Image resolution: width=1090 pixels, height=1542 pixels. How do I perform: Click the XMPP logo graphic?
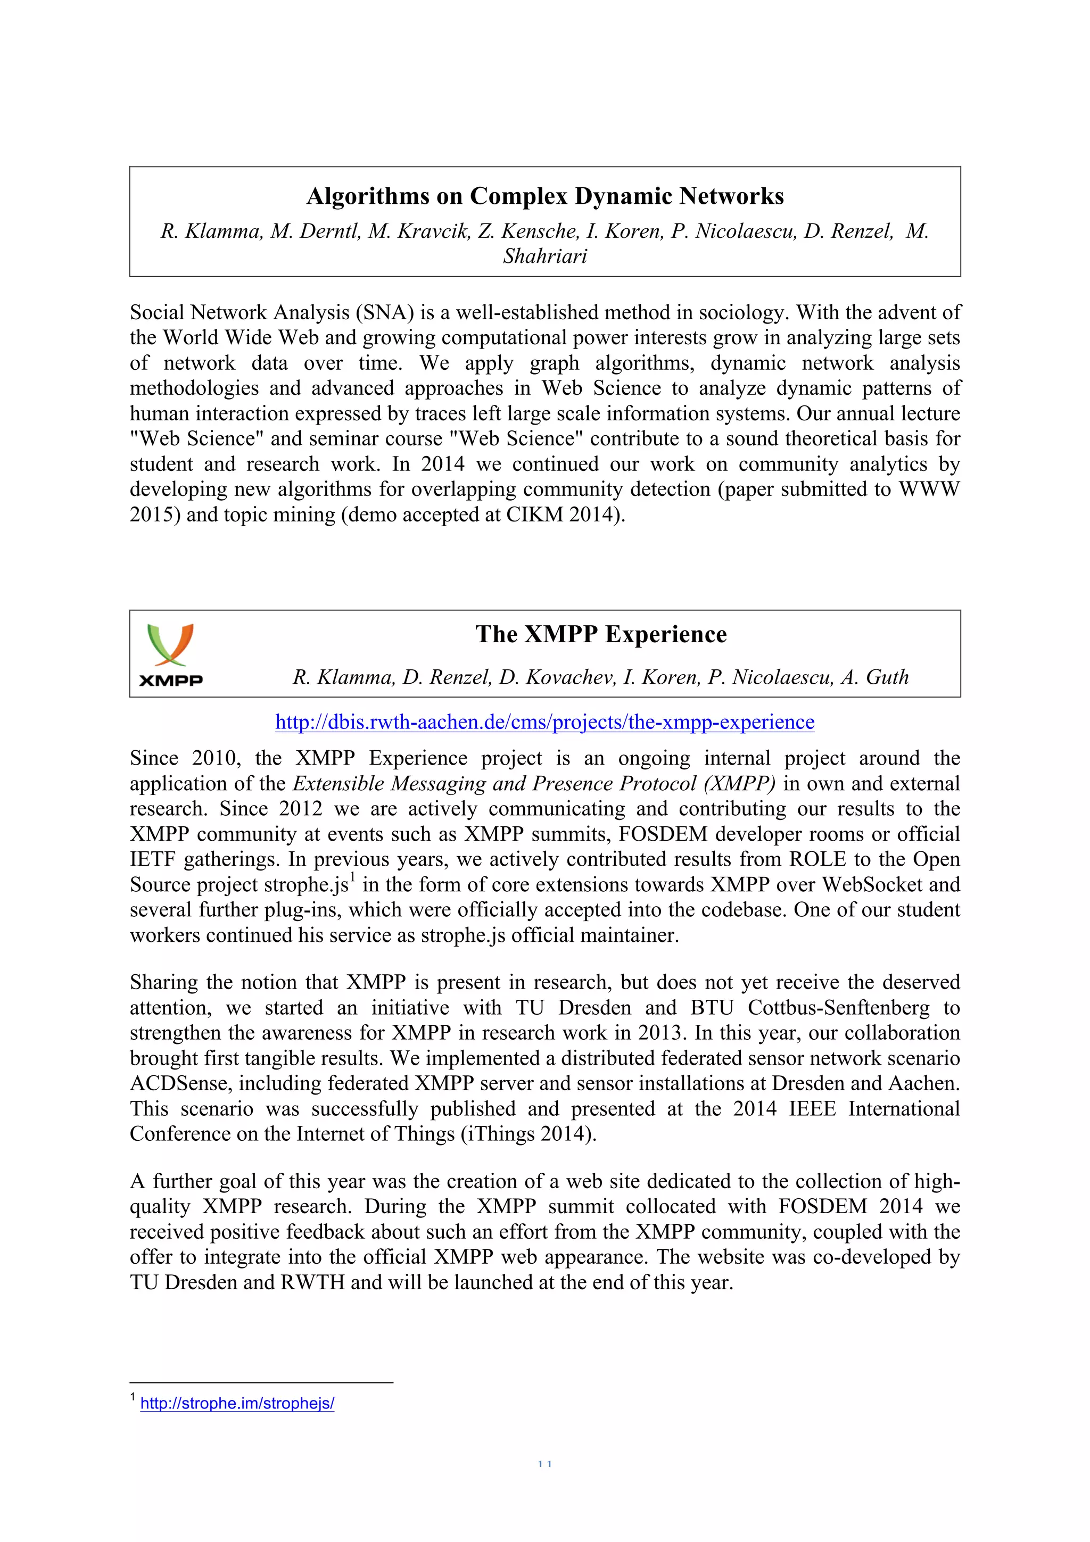171,653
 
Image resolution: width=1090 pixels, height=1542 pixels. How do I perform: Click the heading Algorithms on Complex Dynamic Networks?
544,196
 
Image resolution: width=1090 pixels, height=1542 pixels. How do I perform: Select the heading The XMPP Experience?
601,634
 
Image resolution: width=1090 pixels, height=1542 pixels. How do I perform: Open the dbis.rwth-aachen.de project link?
544,722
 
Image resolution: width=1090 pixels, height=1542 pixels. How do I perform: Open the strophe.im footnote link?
237,1403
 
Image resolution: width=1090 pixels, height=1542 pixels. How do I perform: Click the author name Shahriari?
544,256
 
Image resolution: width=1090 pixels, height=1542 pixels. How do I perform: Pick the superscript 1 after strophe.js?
352,878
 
